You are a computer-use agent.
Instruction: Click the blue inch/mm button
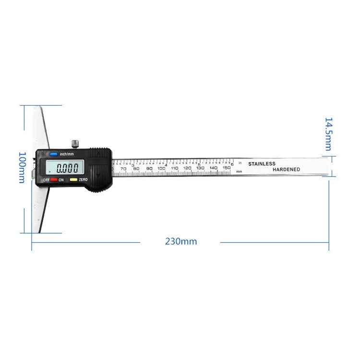(x=53, y=154)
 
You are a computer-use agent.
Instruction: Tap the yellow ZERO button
(x=73, y=180)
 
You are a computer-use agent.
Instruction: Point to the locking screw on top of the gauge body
(x=75, y=143)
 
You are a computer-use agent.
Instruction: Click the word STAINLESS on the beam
(x=262, y=164)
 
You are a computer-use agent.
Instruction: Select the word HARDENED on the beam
(x=286, y=169)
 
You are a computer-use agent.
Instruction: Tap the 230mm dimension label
(x=181, y=241)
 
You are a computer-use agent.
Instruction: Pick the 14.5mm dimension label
(x=328, y=133)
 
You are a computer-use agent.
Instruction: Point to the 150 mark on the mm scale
(x=227, y=168)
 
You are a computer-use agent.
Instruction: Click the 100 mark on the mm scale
(x=161, y=168)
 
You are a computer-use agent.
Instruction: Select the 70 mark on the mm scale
(x=123, y=168)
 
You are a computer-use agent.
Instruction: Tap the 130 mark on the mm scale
(x=201, y=168)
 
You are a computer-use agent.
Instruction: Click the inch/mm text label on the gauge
(x=67, y=154)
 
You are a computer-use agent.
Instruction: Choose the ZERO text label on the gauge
(x=83, y=180)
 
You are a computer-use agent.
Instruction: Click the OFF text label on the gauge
(x=46, y=180)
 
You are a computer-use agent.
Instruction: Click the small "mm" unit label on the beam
(x=239, y=171)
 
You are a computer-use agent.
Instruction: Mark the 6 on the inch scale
(x=232, y=164)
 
